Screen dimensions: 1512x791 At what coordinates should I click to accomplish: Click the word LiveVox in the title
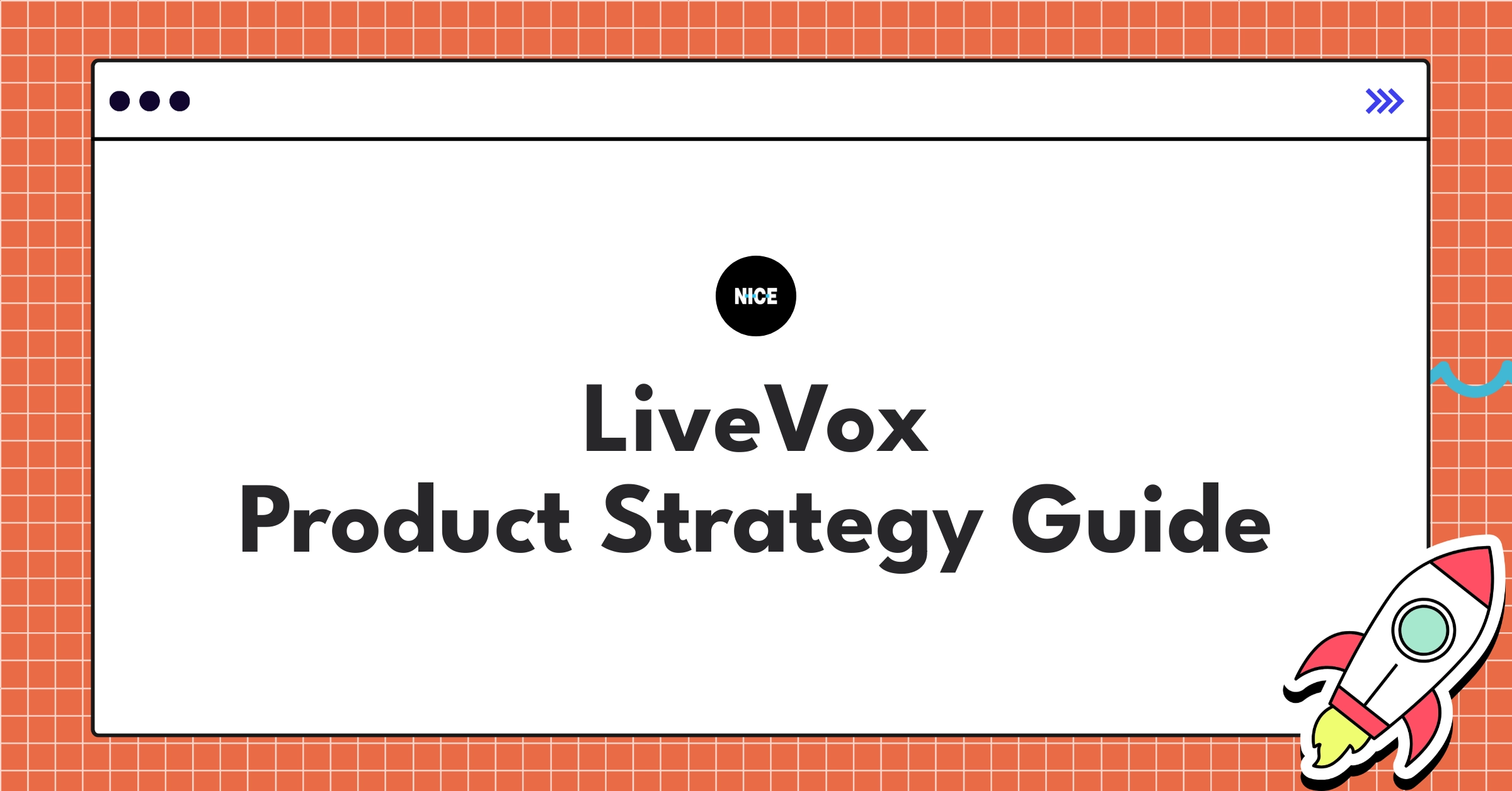756,418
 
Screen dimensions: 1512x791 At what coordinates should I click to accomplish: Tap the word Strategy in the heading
792,528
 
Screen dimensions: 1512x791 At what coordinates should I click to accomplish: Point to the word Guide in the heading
1141,518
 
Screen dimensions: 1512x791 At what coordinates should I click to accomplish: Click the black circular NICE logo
756,296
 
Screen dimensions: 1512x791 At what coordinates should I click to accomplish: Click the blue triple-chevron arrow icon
1385,101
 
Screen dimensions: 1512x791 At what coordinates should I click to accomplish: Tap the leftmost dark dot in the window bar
120,101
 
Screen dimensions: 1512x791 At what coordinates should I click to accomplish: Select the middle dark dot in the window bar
149,101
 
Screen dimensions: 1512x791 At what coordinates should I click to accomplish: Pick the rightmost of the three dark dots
180,101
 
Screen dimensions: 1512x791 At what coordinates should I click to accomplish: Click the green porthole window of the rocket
1423,630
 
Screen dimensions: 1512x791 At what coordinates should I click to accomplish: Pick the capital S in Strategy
627,518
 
